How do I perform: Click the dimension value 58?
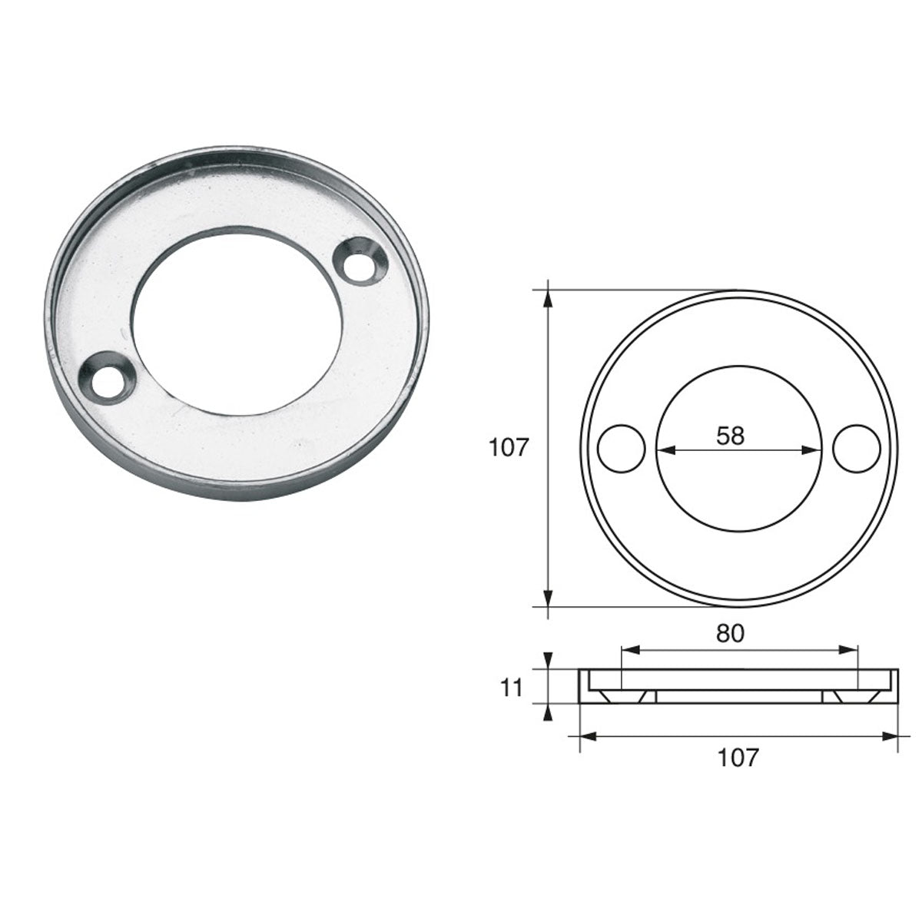(x=730, y=436)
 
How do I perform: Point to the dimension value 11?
(x=512, y=687)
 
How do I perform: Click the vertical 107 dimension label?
(x=509, y=447)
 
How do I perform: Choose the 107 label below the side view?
(x=738, y=758)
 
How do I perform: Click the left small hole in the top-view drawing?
(x=622, y=448)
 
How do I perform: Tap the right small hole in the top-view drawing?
(x=855, y=448)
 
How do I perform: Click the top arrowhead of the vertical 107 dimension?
(x=548, y=296)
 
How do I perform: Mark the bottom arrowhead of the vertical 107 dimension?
(x=548, y=599)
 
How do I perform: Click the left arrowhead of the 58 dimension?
(x=662, y=450)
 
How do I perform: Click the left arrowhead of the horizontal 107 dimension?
(x=584, y=736)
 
